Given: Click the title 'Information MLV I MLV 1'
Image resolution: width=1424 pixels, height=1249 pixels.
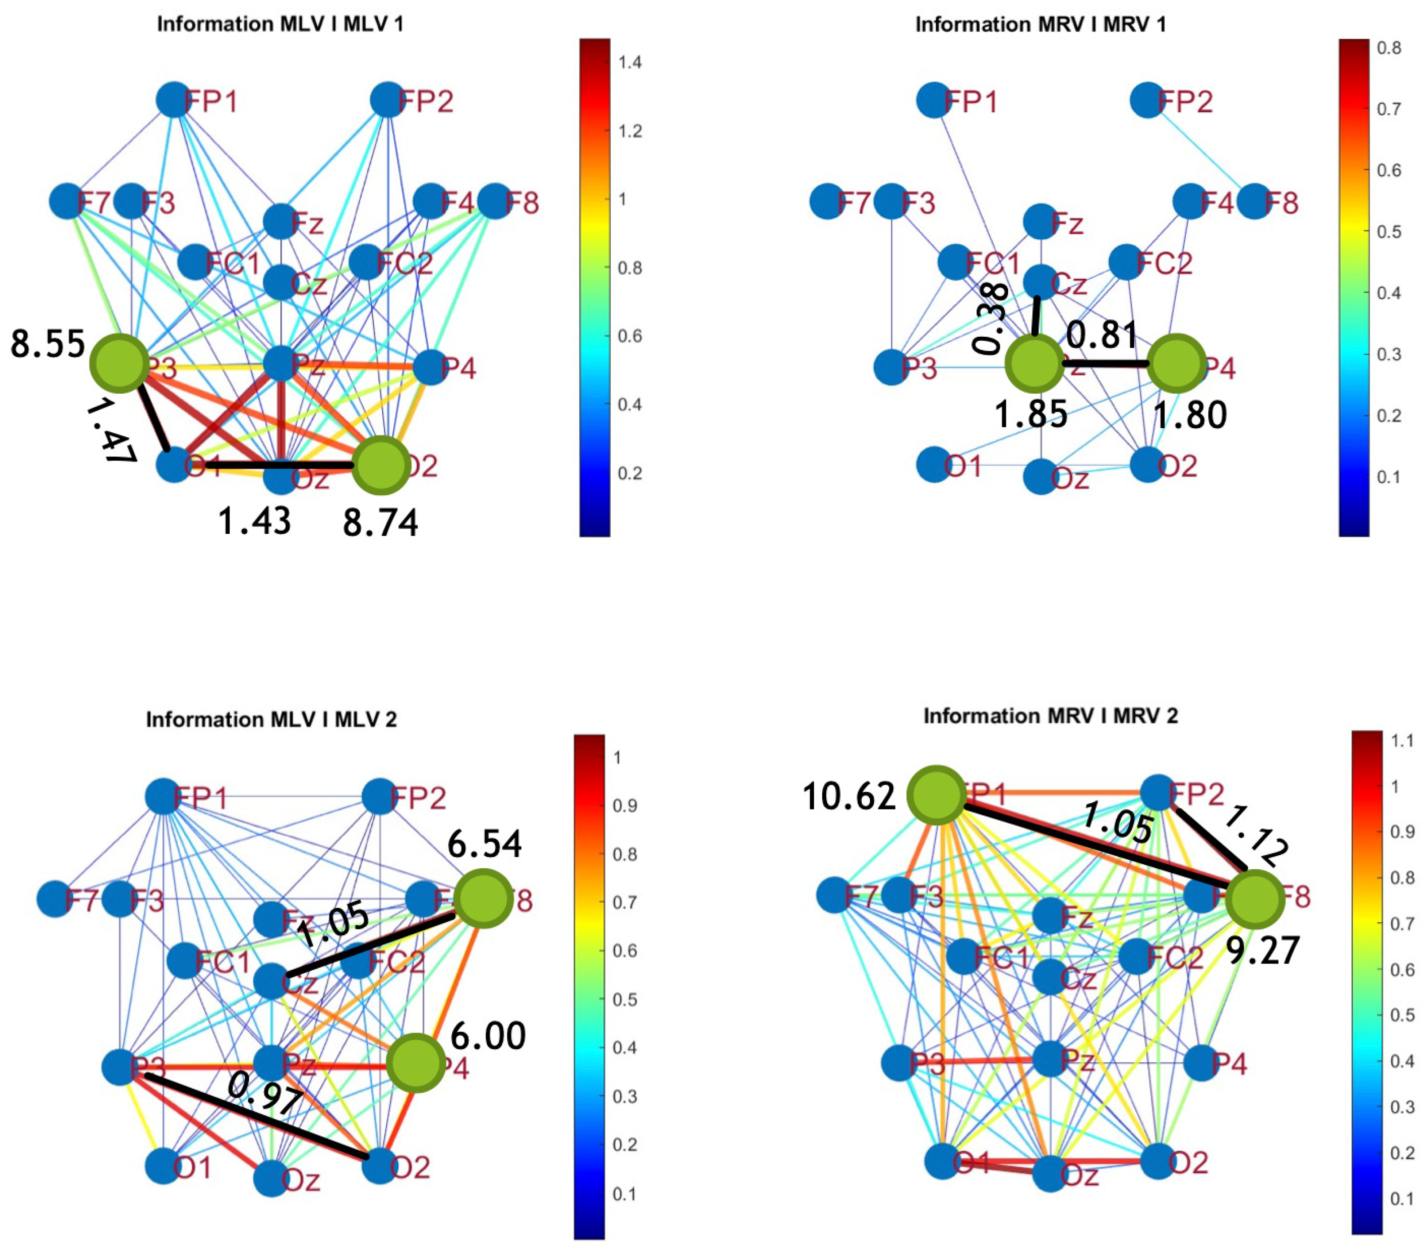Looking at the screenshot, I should click(280, 24).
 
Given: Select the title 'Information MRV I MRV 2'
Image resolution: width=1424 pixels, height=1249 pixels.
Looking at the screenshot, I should click(1050, 716).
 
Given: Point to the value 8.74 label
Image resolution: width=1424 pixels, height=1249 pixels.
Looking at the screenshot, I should click(380, 523).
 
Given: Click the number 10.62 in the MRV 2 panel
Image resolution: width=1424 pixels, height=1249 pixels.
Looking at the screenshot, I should click(849, 796).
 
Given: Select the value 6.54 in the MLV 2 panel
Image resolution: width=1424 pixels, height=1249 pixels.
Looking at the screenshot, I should click(484, 845).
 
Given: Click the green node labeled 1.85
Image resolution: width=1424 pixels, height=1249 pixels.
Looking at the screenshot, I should click(1035, 364).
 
